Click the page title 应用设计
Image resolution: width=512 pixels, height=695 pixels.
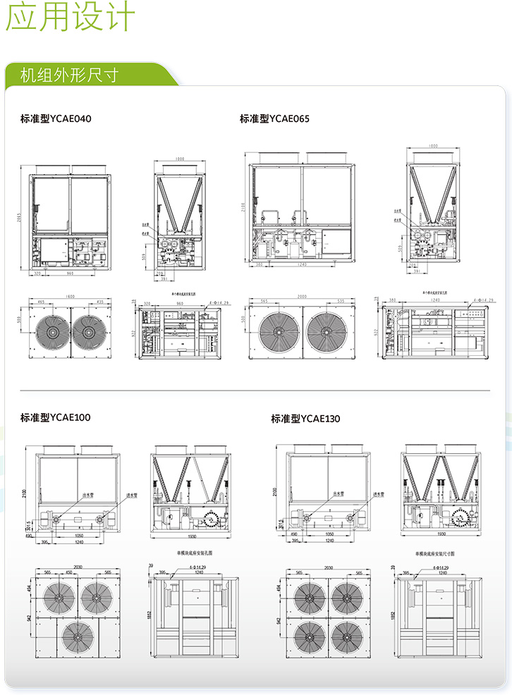pyautogui.click(x=69, y=18)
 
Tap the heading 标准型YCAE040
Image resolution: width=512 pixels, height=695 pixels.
pyautogui.click(x=56, y=118)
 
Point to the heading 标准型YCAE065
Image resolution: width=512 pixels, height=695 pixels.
pyautogui.click(x=274, y=118)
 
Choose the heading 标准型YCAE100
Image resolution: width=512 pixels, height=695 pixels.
pyautogui.click(x=56, y=417)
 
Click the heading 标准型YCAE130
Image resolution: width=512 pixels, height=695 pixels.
pyautogui.click(x=305, y=419)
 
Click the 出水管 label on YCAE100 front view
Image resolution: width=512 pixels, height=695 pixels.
pyautogui.click(x=90, y=496)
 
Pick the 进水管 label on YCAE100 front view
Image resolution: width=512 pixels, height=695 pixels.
pyautogui.click(x=133, y=496)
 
